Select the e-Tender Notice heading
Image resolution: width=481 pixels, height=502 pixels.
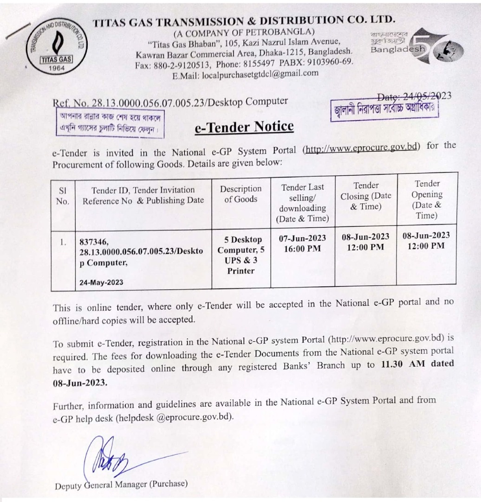pos(244,126)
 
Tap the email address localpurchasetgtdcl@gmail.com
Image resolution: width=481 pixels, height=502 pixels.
pos(258,73)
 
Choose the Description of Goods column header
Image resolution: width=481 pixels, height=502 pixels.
pos(240,194)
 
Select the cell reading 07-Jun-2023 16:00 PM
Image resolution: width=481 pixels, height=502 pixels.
pos(302,243)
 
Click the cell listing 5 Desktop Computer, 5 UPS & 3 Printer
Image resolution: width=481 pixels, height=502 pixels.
pos(240,255)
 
